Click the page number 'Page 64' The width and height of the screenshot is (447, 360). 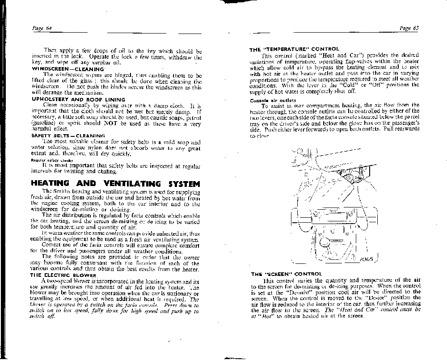42,29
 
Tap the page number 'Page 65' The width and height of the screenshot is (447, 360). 409,29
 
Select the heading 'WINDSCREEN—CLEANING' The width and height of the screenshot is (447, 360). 67,69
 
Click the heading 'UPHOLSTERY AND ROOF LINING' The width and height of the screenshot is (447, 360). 78,99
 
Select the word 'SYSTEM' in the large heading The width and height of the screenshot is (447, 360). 178,183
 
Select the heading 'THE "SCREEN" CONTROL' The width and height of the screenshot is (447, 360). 286,274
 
